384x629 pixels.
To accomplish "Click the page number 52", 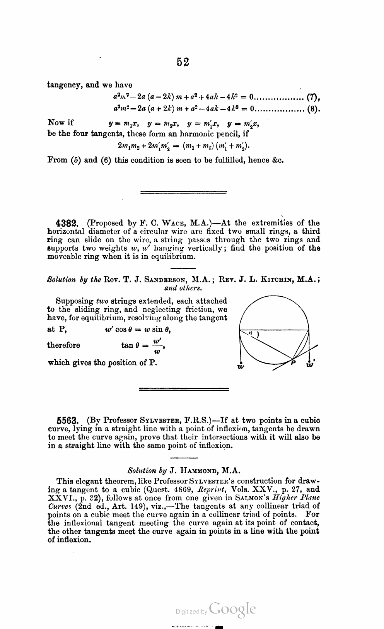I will coord(183,62).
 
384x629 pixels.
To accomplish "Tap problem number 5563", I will coord(68,420).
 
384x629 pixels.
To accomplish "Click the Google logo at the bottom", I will coord(232,610).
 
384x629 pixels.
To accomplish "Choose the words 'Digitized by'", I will coord(191,612).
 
